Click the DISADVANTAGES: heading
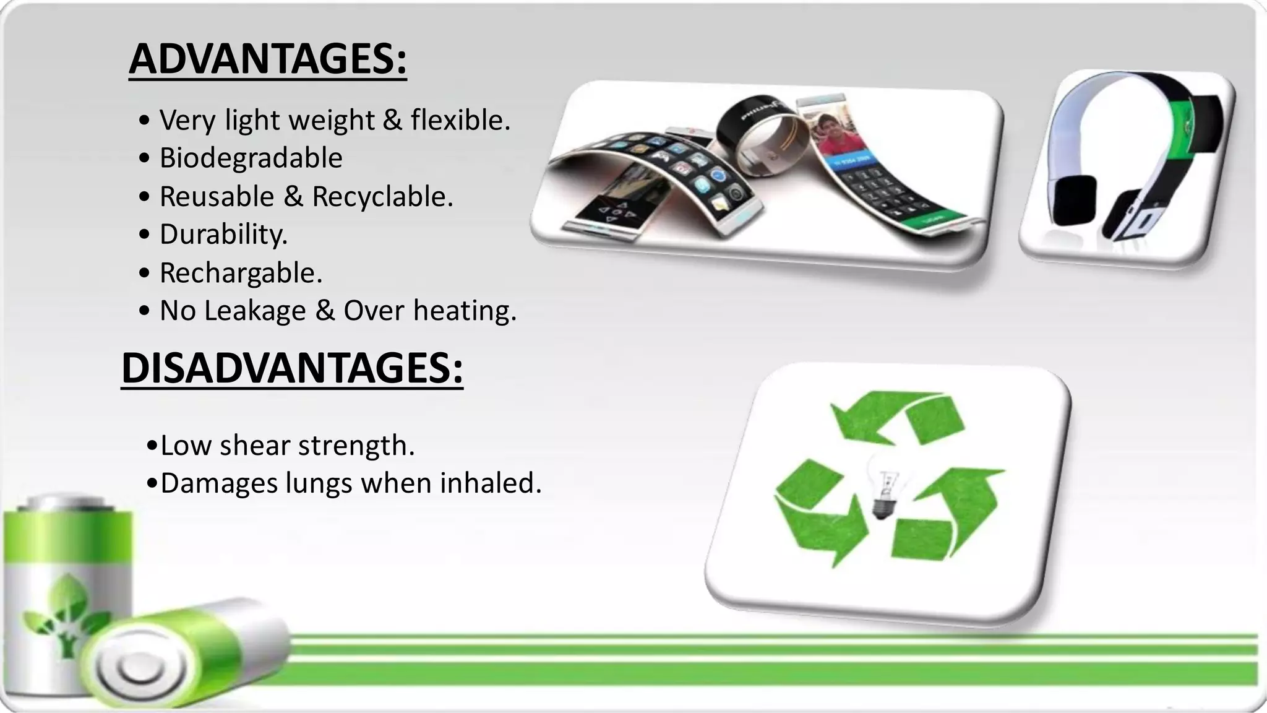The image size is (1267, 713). click(292, 368)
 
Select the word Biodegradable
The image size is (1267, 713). click(251, 158)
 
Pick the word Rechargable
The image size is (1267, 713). click(240, 273)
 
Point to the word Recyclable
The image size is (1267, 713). click(382, 197)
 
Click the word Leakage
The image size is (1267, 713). click(255, 311)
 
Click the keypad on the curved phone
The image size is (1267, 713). click(891, 192)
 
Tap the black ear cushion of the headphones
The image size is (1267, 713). click(1075, 201)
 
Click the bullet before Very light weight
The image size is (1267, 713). click(145, 120)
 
